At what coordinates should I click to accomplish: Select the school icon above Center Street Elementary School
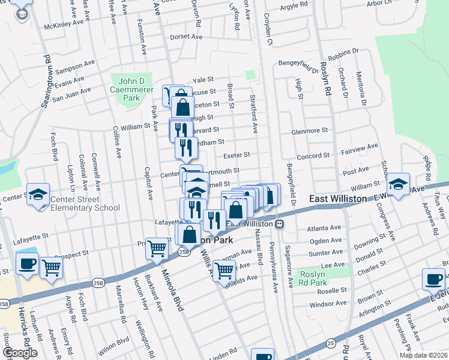(38, 194)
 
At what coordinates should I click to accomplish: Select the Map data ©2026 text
(423, 355)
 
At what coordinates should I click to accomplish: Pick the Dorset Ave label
(186, 37)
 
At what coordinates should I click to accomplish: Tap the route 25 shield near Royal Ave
(331, 343)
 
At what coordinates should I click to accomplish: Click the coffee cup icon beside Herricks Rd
(27, 263)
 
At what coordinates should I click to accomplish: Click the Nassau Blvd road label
(259, 248)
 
